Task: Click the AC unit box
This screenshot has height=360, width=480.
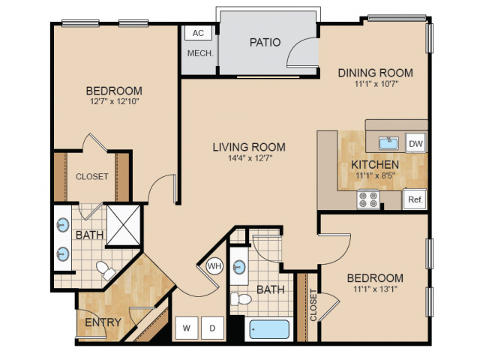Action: point(198,33)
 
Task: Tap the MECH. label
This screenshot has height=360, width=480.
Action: point(200,53)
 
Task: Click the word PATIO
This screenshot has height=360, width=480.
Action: point(265,42)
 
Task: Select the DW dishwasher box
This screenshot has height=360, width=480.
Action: point(415,143)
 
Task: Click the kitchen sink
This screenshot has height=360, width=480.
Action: point(388,143)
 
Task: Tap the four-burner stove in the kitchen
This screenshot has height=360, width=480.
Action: point(368,199)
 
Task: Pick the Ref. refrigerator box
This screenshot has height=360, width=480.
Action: point(415,199)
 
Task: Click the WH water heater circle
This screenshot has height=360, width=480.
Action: point(214,266)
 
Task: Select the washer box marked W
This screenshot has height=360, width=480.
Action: point(187,328)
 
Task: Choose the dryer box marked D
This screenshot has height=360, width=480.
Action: point(212,328)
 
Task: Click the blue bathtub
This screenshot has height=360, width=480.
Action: point(269,329)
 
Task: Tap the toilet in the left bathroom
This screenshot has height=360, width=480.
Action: point(106,271)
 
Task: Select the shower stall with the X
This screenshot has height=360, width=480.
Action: point(123,225)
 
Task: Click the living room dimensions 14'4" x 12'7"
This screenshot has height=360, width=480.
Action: point(250,158)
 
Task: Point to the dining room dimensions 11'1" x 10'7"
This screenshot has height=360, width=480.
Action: point(376,84)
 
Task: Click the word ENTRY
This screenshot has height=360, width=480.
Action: point(103,322)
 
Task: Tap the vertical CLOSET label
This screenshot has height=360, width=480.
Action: point(313,305)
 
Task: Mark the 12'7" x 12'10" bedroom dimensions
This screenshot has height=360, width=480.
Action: point(115,101)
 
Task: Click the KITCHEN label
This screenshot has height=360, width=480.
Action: point(375,165)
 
